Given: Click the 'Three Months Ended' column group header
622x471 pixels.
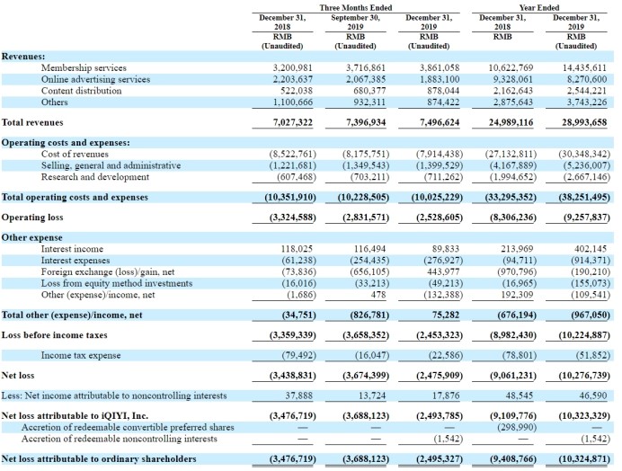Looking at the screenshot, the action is (x=355, y=7).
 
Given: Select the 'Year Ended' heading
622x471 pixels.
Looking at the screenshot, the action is (x=539, y=7).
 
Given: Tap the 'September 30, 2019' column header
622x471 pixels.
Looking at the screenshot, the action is (x=355, y=22).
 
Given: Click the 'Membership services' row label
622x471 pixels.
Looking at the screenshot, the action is (x=84, y=67).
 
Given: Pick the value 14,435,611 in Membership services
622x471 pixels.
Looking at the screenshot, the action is (x=584, y=67).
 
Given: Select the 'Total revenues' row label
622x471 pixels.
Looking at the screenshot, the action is (x=32, y=122).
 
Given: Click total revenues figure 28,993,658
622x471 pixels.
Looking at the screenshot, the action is (x=584, y=122).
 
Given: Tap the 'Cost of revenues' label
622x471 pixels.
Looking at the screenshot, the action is (x=75, y=154).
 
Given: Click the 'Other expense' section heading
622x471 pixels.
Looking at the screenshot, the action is (x=31, y=237).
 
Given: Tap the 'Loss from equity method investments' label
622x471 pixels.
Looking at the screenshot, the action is (x=117, y=283).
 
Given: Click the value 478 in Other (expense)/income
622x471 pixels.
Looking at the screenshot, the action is (x=378, y=295).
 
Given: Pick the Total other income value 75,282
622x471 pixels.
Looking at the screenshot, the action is (x=446, y=315).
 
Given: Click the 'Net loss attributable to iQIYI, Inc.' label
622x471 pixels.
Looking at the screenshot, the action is (x=75, y=416).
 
